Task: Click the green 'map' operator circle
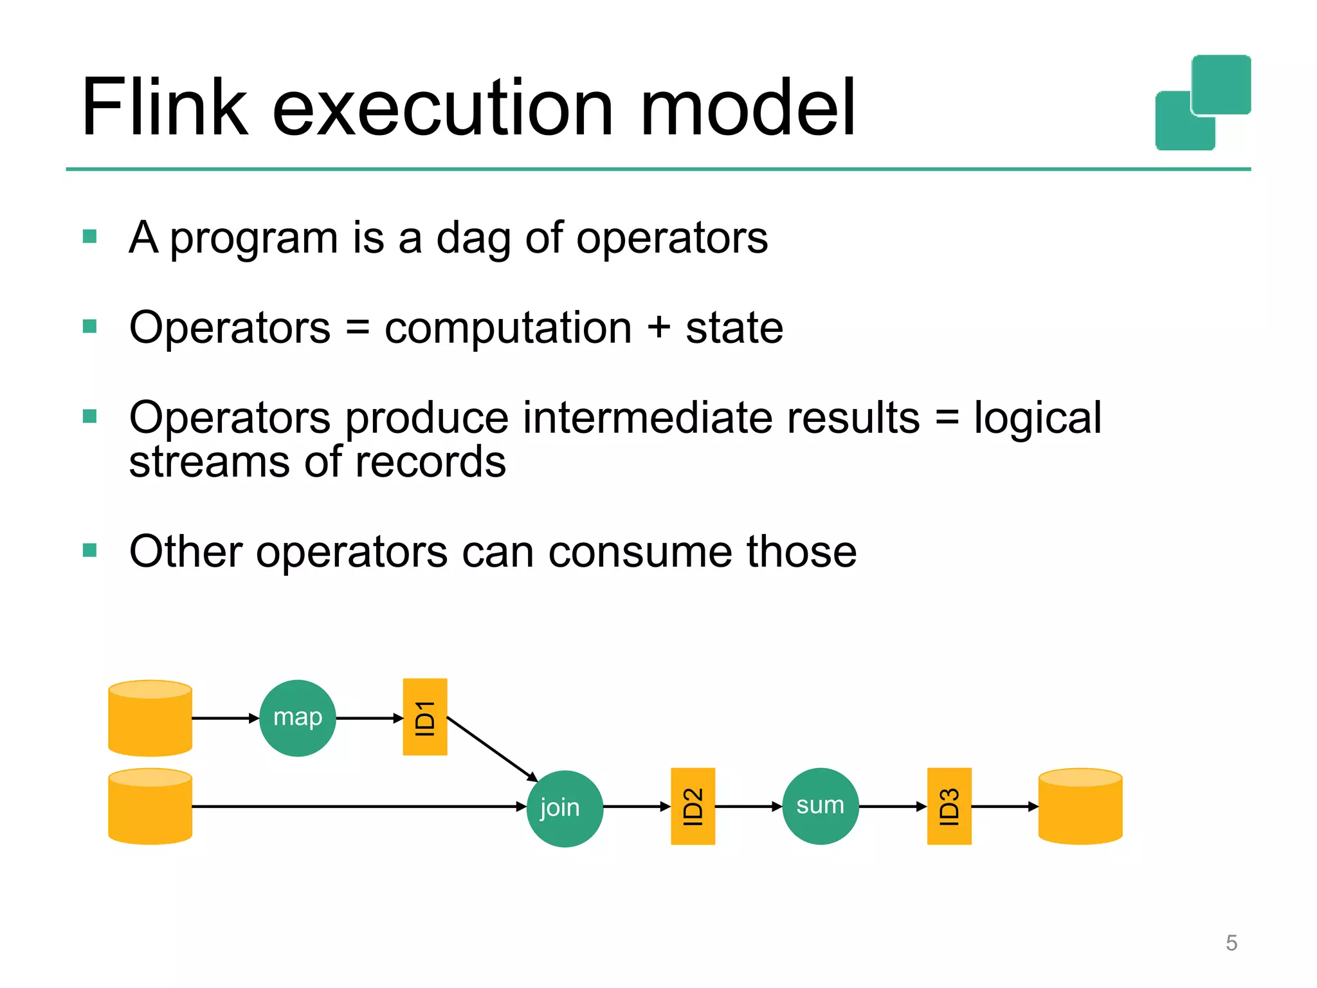(297, 718)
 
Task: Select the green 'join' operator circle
(564, 808)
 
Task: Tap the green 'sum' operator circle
(820, 806)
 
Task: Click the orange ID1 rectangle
(424, 717)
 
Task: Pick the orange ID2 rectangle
(693, 806)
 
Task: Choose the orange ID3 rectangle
(949, 806)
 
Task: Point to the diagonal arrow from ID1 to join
(492, 749)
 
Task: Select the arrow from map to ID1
(369, 718)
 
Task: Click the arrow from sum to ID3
(893, 806)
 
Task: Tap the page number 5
(1231, 943)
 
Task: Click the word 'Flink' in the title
(164, 107)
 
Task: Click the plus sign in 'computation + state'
(658, 328)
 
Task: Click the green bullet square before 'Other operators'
(90, 551)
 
